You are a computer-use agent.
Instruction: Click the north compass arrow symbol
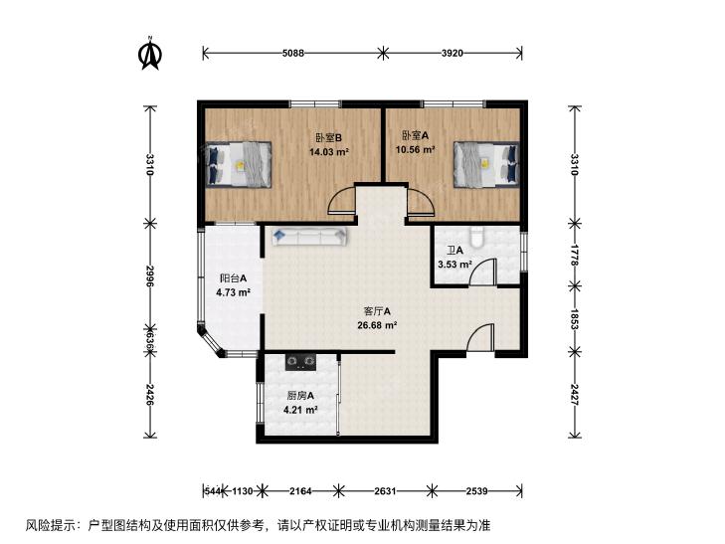149,54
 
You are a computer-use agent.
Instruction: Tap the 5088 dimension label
293,53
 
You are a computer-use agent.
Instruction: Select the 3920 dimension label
452,53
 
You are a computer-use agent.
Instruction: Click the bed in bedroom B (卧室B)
238,164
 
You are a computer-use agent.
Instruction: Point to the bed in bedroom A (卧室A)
486,164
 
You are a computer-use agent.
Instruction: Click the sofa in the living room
309,236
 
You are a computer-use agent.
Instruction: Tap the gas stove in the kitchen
300,362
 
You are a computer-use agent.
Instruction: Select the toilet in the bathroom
475,236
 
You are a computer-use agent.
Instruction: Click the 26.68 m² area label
377,325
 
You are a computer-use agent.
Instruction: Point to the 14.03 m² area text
329,151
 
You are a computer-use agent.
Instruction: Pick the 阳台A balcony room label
233,278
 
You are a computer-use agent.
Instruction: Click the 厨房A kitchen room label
300,396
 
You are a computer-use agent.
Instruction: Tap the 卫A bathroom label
454,251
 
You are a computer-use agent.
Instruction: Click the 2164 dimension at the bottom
300,491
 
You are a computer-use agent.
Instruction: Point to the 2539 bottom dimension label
476,491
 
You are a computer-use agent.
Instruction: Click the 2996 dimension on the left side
149,275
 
